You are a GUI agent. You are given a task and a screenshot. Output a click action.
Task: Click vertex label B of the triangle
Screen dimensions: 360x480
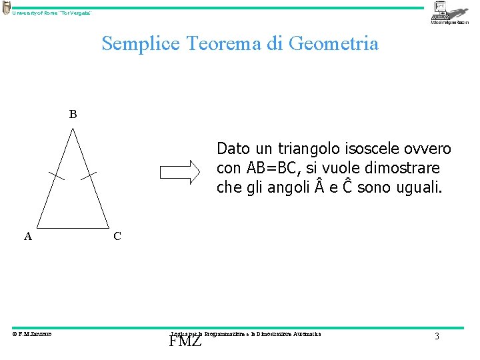point(73,114)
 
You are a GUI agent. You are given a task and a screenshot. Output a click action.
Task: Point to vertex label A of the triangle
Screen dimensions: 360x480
point(28,236)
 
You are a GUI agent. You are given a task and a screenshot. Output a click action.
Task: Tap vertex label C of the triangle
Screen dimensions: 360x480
point(117,236)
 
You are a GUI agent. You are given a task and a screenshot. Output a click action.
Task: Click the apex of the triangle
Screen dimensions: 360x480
point(73,129)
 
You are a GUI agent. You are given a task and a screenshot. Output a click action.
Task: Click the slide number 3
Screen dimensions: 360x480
point(437,337)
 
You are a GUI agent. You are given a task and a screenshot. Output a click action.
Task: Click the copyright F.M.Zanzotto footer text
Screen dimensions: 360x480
point(32,334)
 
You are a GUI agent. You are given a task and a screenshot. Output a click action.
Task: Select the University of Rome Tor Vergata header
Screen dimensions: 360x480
point(52,13)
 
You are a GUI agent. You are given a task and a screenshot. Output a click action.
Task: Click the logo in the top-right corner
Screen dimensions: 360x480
point(450,13)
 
